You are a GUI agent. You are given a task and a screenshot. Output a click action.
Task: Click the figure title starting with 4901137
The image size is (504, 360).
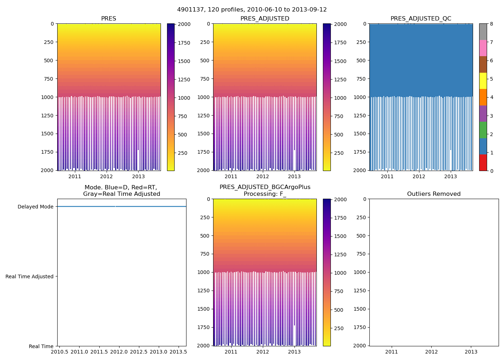(x=252, y=10)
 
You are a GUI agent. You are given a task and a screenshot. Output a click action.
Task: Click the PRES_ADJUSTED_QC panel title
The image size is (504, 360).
(x=421, y=19)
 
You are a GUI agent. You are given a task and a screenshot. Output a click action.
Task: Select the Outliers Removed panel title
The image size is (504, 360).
(x=434, y=194)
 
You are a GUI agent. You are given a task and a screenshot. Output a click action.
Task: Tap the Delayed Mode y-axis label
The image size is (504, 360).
(x=35, y=207)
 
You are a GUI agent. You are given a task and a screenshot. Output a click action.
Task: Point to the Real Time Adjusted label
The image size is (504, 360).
(x=30, y=277)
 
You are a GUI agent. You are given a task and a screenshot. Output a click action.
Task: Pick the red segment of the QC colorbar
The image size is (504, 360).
(x=483, y=163)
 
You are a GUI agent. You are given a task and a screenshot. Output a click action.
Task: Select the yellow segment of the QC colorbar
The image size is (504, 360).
(x=483, y=81)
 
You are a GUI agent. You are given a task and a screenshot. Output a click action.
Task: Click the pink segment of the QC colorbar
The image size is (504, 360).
(x=483, y=48)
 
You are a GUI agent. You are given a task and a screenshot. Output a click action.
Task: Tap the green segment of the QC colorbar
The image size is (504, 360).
(x=483, y=130)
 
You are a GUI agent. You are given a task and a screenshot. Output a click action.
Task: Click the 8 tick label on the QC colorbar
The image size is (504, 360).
(x=491, y=24)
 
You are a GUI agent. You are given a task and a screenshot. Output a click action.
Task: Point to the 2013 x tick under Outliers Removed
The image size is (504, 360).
(x=471, y=352)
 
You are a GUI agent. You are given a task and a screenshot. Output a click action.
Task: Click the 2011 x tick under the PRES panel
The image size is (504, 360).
(x=75, y=176)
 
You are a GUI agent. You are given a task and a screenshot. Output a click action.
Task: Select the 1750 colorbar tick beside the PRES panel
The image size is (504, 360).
(x=184, y=43)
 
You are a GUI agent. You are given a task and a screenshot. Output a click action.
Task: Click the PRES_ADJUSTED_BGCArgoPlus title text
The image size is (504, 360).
(x=265, y=187)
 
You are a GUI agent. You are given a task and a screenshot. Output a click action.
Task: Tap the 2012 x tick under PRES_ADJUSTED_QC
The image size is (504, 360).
(x=419, y=176)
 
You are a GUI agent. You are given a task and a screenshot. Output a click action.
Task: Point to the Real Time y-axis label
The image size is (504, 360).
(x=41, y=347)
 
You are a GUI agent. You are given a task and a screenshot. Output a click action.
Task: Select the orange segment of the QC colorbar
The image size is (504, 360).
(x=483, y=97)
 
